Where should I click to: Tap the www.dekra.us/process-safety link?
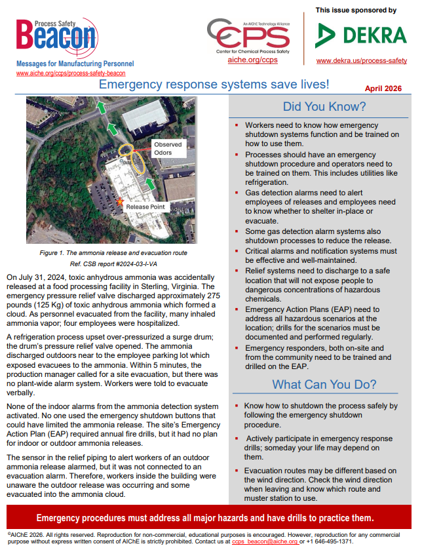(361, 60)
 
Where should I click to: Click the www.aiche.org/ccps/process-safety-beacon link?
(70, 73)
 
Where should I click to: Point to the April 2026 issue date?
(383, 88)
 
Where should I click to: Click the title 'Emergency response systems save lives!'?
(214, 85)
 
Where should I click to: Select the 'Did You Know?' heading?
(324, 107)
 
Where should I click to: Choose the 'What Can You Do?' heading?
(324, 384)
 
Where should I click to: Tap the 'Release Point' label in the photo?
(146, 206)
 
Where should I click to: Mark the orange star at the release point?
(119, 204)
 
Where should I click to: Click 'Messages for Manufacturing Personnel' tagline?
(75, 64)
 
